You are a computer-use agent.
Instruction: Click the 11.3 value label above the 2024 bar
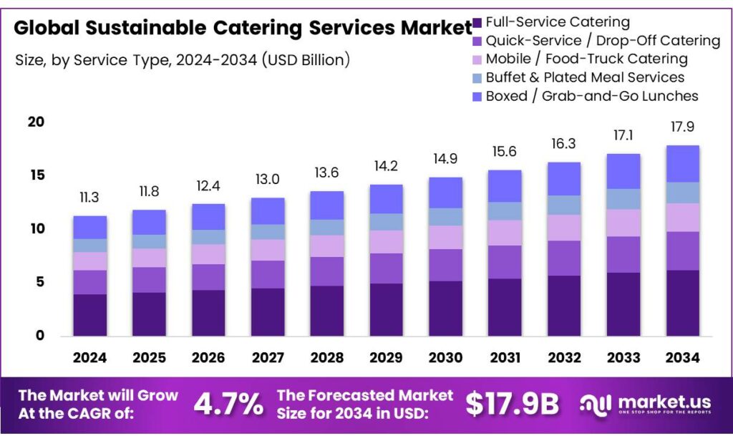[x=89, y=198]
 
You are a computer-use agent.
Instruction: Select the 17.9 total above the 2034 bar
[x=682, y=127]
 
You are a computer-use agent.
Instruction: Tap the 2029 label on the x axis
[x=386, y=357]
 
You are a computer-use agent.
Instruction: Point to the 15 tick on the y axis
[x=37, y=175]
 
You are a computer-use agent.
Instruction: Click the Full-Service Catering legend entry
[x=558, y=22]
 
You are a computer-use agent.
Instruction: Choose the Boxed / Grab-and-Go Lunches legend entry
[x=591, y=96]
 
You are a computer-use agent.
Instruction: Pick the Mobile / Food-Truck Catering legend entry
[x=586, y=59]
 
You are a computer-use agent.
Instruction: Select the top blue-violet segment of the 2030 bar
[x=445, y=193]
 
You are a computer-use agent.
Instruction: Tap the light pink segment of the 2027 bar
[x=268, y=250]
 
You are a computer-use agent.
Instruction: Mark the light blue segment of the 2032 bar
[x=563, y=205]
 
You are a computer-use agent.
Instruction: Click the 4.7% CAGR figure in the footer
[x=228, y=405]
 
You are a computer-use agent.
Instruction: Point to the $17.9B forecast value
[x=512, y=405]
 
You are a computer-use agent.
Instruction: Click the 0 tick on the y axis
[x=40, y=336]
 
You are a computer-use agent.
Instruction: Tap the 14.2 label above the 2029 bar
[x=386, y=166]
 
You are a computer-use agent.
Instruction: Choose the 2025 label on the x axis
[x=149, y=357]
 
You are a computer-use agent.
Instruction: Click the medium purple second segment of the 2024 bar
[x=89, y=282]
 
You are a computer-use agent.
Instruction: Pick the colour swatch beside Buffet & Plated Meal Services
[x=477, y=77]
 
